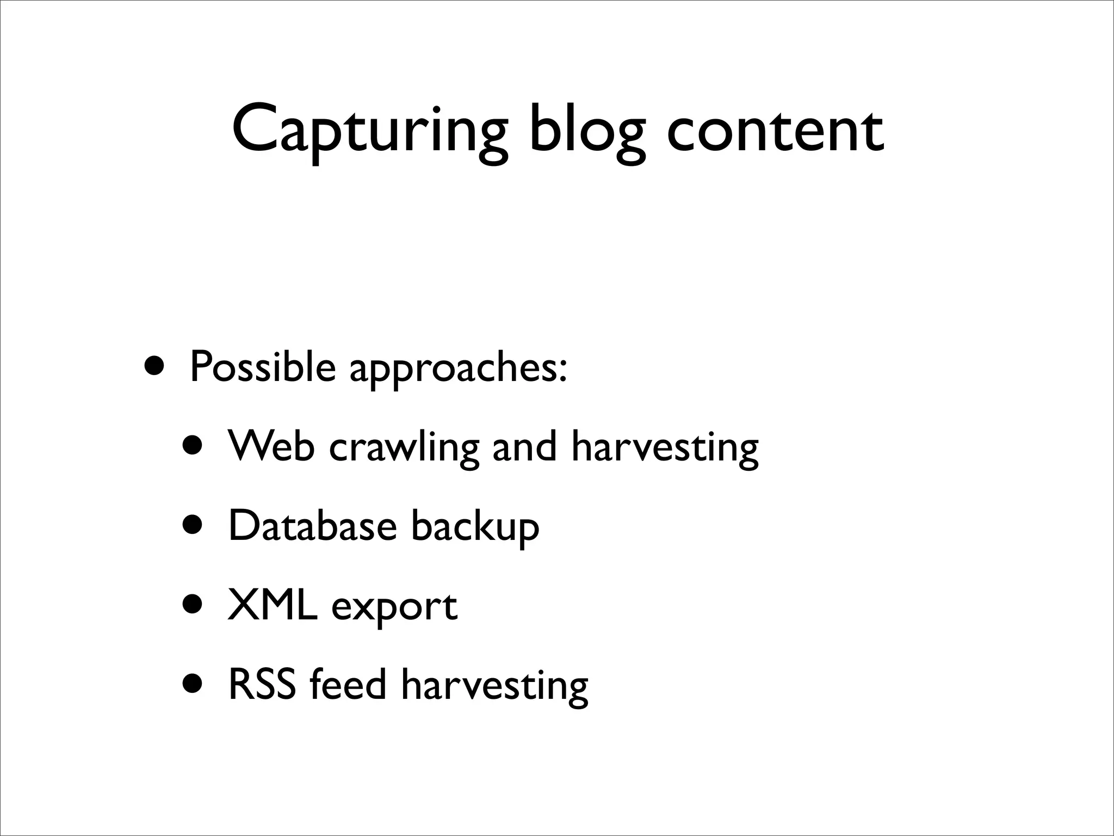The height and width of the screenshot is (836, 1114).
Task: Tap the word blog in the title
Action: click(x=587, y=131)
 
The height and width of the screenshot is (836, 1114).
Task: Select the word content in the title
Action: click(x=775, y=131)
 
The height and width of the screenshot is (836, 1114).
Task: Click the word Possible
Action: click(x=263, y=367)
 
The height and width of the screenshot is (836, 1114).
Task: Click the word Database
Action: click(x=312, y=526)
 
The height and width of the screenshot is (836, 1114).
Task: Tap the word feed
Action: click(x=348, y=684)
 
